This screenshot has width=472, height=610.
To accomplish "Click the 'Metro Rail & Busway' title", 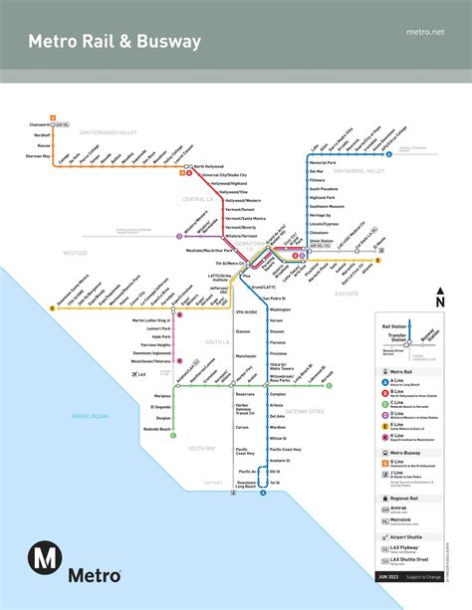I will pos(115,42).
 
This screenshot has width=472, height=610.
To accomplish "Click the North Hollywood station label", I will pos(211,166).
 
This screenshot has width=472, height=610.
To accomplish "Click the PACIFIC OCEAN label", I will pos(87,416).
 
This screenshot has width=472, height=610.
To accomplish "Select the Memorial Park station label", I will pos(323,161).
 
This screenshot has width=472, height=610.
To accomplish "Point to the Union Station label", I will pos(321,240).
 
